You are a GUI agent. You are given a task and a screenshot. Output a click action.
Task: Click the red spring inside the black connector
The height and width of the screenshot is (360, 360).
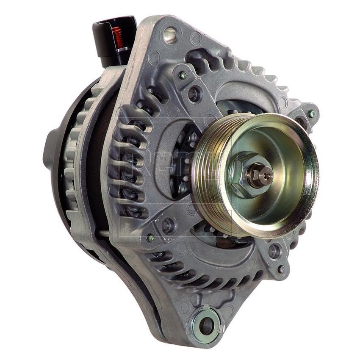pos(117,36)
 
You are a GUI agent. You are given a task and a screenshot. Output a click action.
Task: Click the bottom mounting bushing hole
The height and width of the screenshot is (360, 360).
pos(206,324)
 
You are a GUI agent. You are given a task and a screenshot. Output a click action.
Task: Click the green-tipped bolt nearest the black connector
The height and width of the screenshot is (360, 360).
pos(183,75)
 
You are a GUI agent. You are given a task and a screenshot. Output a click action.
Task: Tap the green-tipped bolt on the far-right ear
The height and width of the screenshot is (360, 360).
pos(311,114)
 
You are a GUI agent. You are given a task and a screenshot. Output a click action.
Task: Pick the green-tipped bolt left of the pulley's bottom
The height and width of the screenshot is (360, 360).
pos(151,238)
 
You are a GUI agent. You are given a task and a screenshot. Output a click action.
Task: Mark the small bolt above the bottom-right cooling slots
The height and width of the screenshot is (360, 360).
pos(281,269)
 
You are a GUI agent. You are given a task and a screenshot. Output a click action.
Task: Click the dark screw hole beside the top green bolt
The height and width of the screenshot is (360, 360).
pos(195,94)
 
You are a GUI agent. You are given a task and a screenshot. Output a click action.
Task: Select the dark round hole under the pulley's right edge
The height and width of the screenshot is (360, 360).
pos(274,251)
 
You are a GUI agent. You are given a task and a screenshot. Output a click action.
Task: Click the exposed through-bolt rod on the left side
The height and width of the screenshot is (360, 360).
pos(106,233)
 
